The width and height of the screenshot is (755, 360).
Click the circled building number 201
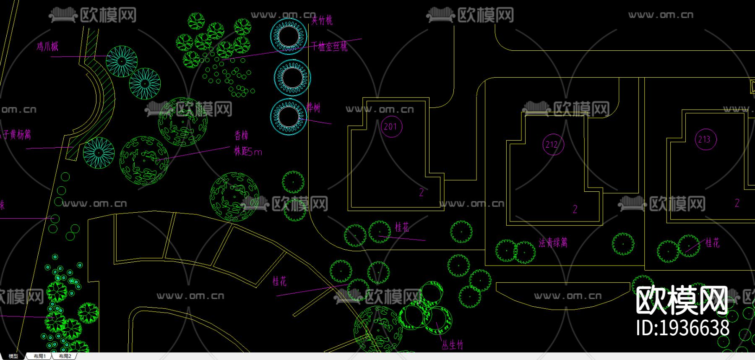tap(391, 126)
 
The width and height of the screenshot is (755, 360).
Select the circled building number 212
tap(552, 144)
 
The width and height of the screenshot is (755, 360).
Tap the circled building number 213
tap(705, 139)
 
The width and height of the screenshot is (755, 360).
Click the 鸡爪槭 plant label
tap(47, 46)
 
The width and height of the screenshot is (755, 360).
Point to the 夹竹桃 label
tap(322, 20)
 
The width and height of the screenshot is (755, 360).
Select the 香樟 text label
tap(241, 136)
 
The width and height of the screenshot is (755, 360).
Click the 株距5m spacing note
tap(247, 151)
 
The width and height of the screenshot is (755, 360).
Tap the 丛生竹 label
tap(452, 345)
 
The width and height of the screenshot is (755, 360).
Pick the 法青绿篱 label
tap(553, 243)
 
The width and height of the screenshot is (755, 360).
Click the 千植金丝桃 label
tap(330, 47)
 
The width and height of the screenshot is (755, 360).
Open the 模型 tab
tap(13, 356)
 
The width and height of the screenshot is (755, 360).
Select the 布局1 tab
tap(39, 356)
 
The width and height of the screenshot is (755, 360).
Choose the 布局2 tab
tap(65, 356)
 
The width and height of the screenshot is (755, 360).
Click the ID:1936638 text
tap(682, 328)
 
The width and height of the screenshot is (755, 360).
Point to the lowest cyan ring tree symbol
tap(288, 117)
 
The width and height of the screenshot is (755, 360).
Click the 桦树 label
tap(313, 107)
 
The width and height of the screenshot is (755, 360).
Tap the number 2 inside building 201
tap(422, 193)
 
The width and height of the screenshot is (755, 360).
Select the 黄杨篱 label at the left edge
tap(16, 135)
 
